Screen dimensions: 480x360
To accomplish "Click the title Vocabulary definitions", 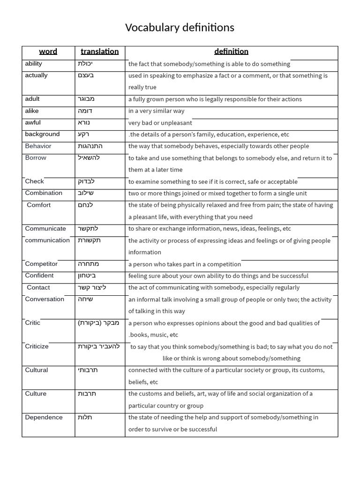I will [x=180, y=28].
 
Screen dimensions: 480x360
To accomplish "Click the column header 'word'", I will [x=48, y=52].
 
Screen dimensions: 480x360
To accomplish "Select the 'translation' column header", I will [x=99, y=52].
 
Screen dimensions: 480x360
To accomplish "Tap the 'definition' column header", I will [x=231, y=52].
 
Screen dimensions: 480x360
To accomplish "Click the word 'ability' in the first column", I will [x=33, y=64].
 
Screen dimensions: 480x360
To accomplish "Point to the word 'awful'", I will [x=33, y=123].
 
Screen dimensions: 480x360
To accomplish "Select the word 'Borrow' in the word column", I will [x=36, y=158].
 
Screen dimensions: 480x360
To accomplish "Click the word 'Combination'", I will [x=44, y=193].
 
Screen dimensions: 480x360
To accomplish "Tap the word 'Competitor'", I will [x=41, y=264].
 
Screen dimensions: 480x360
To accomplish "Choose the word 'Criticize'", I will [x=37, y=346].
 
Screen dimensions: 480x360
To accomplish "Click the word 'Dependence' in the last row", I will [x=44, y=418].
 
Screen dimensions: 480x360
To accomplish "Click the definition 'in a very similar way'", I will [x=156, y=111].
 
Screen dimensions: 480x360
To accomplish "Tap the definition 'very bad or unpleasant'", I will [x=160, y=123].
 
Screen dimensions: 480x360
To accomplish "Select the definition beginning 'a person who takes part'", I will [x=185, y=264].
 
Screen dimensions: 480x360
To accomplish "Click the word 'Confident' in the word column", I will [x=39, y=276].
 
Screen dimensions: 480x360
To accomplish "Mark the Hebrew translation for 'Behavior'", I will [x=90, y=146].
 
